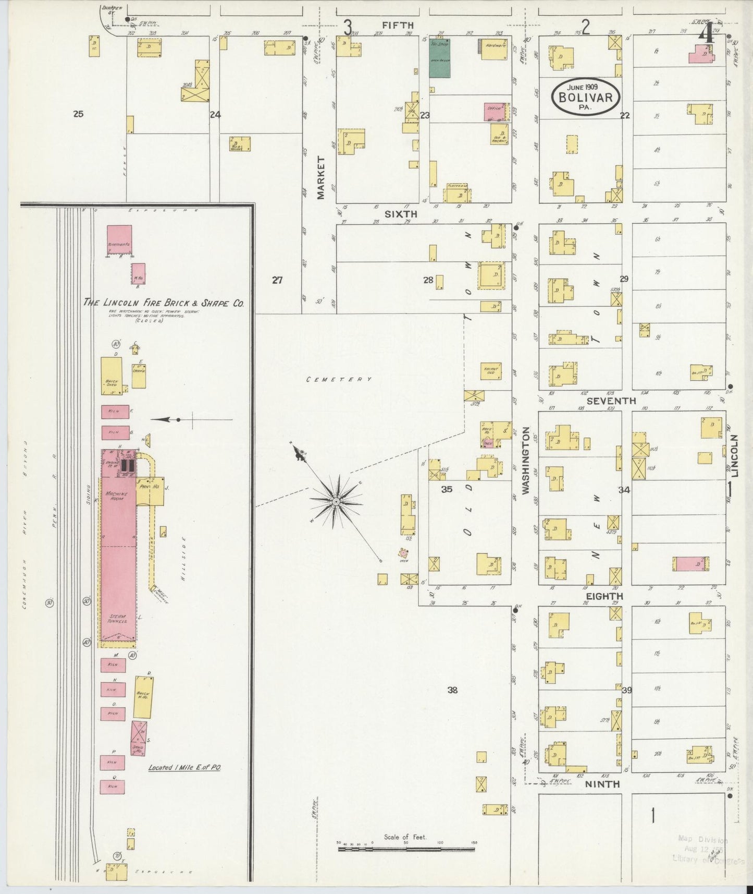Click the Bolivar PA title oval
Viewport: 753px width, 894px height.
pyautogui.click(x=586, y=96)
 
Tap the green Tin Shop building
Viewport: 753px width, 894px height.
pyautogui.click(x=439, y=58)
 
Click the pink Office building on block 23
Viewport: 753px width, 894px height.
pyautogui.click(x=494, y=112)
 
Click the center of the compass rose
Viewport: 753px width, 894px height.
pyautogui.click(x=336, y=501)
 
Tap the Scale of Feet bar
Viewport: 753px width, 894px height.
pyautogui.click(x=406, y=849)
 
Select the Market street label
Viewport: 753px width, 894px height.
pyautogui.click(x=320, y=177)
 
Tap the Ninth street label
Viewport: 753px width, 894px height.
pyautogui.click(x=602, y=784)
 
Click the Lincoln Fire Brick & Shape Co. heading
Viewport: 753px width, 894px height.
pyautogui.click(x=164, y=303)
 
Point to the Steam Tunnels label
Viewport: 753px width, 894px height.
pyautogui.click(x=118, y=619)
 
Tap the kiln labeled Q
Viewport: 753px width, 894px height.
pyautogui.click(x=113, y=786)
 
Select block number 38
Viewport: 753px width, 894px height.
pyautogui.click(x=452, y=690)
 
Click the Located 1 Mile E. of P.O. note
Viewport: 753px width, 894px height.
pyautogui.click(x=185, y=768)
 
